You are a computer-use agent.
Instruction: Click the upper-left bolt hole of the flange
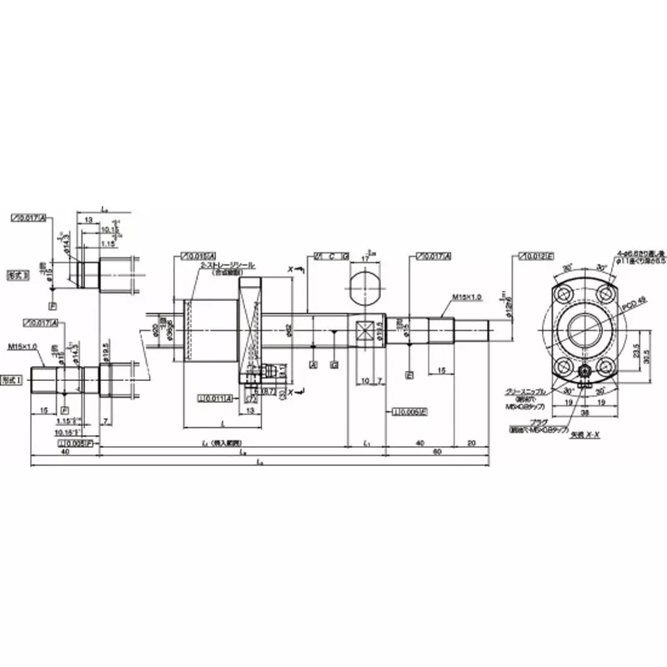tap(563, 294)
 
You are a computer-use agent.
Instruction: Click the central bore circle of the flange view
tap(586, 329)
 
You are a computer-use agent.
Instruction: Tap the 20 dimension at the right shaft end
tap(472, 442)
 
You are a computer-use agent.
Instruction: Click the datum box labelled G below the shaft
tap(333, 364)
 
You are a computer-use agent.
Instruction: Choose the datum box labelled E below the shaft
tap(409, 376)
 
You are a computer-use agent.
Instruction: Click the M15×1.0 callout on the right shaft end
tap(468, 297)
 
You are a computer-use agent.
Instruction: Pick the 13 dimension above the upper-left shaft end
tap(88, 219)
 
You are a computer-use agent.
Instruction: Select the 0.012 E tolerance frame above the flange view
tap(534, 255)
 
